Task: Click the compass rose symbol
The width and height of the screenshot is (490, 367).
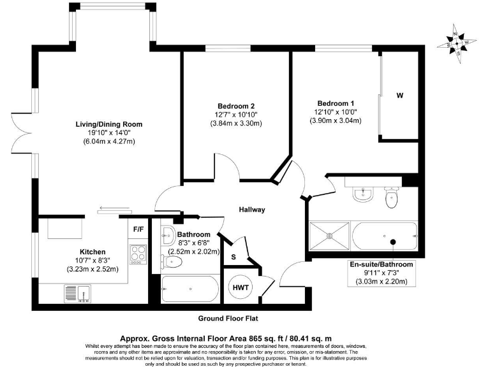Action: click(457, 43)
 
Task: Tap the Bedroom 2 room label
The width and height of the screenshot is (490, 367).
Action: click(236, 106)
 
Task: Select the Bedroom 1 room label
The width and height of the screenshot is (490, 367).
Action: click(336, 103)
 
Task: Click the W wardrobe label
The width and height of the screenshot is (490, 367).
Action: click(400, 96)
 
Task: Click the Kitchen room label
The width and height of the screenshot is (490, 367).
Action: click(93, 252)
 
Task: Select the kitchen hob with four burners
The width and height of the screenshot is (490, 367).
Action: click(138, 254)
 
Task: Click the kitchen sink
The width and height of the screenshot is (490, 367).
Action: click(79, 292)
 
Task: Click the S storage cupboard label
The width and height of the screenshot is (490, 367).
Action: click(234, 257)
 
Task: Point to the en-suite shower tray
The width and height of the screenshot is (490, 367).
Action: click(329, 236)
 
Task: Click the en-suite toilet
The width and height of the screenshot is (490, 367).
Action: click(392, 199)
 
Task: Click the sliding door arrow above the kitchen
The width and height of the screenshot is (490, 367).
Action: click(115, 208)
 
